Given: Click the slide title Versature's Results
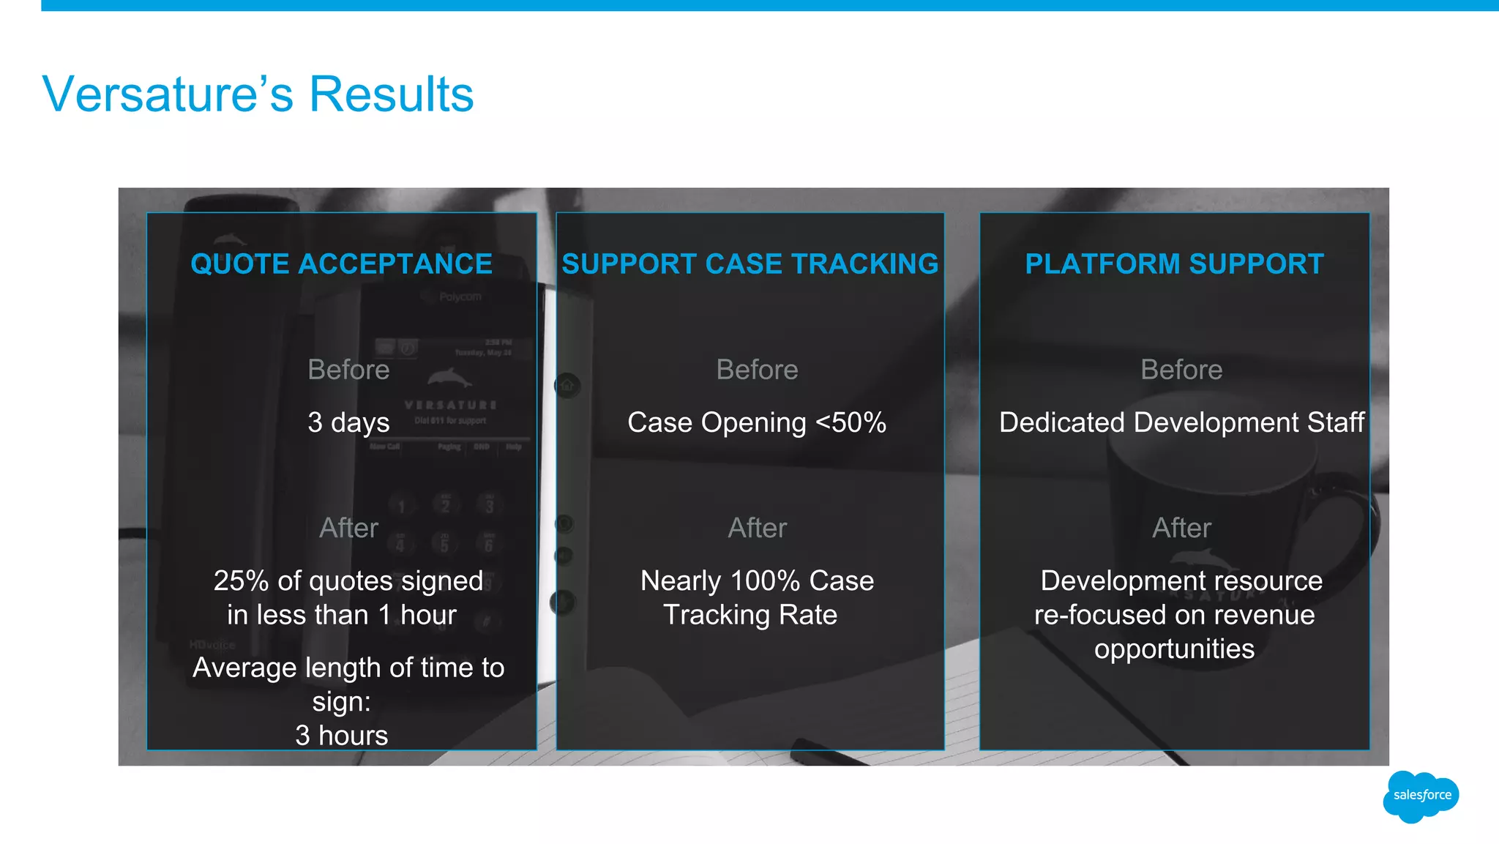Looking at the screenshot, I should (258, 94).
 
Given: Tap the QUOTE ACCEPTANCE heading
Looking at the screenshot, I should (341, 264).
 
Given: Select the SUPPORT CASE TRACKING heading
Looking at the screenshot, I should (749, 264).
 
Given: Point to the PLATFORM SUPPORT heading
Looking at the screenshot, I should (1174, 264).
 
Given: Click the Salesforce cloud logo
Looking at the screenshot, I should (1421, 796).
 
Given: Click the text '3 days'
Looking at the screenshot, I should (348, 422).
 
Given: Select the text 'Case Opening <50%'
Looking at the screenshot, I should (757, 422).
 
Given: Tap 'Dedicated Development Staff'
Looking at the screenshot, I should (1181, 422).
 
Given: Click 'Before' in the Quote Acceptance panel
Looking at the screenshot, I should (348, 370).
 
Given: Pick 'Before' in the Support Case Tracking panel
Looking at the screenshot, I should (757, 370).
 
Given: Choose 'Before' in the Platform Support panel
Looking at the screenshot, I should (1181, 370).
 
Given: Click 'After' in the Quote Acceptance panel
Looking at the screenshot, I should (348, 528).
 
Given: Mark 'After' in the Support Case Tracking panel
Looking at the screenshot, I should (757, 528).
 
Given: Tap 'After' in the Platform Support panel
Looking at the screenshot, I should (1181, 528).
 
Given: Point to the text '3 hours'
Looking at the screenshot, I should (341, 735).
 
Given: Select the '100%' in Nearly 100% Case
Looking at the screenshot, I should (765, 580).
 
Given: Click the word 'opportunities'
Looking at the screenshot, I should (1174, 649).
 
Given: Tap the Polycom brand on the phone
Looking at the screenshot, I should (460, 296).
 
